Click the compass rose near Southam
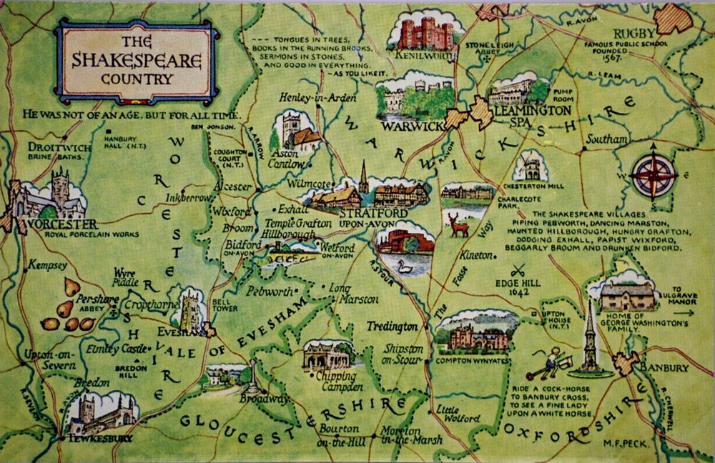(654, 174)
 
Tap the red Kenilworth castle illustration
(425, 34)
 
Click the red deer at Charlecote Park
(458, 225)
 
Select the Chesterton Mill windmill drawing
(531, 166)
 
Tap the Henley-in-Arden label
(312, 98)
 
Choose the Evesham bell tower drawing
(191, 308)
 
